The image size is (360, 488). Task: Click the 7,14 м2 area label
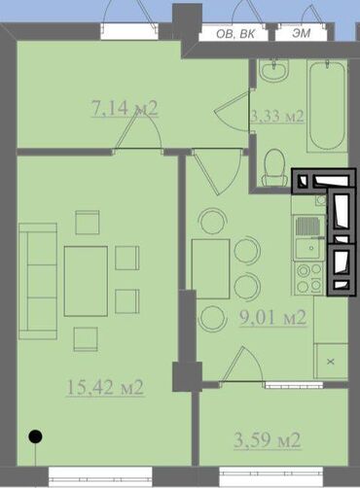(125, 108)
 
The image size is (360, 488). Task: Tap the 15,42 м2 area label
(105, 387)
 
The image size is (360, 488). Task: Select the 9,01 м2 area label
(272, 318)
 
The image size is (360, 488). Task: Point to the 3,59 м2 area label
(268, 440)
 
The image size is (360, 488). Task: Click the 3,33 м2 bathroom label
(277, 116)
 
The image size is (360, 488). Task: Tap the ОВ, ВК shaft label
(235, 34)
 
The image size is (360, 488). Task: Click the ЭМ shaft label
(302, 33)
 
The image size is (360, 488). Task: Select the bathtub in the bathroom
(327, 106)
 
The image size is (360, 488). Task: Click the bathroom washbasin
(274, 70)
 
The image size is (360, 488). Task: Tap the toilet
(275, 167)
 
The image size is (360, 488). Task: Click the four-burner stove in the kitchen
(309, 279)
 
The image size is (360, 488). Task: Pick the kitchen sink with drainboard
(309, 237)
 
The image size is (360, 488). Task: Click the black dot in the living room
(35, 436)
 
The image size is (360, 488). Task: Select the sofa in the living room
(38, 281)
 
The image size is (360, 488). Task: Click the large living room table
(86, 281)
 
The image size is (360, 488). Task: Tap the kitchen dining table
(211, 268)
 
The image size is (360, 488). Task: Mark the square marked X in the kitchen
(331, 361)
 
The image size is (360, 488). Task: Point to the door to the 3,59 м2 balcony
(241, 365)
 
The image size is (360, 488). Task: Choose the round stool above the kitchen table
(213, 221)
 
